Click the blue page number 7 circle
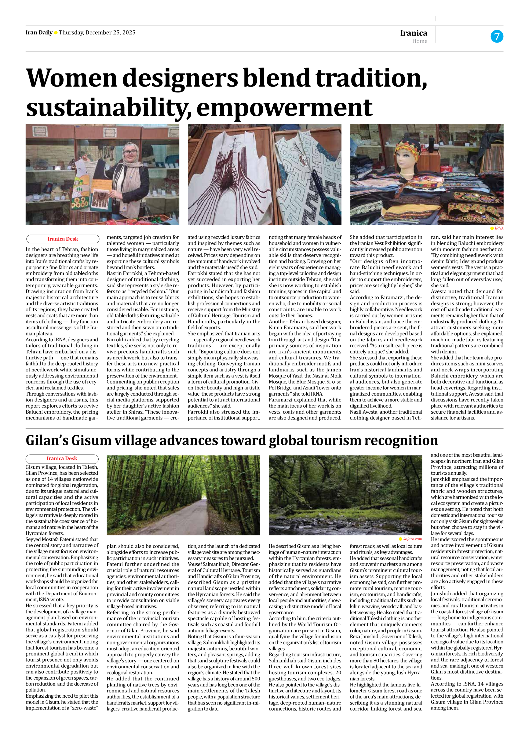(497, 36)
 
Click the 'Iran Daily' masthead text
(39, 32)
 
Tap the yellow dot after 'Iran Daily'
(56, 33)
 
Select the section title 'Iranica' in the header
(413, 33)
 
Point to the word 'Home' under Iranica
(420, 41)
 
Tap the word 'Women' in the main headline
(71, 78)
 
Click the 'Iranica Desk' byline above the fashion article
(63, 239)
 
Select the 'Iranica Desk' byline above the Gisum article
(62, 458)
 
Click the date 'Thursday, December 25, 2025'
(97, 32)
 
